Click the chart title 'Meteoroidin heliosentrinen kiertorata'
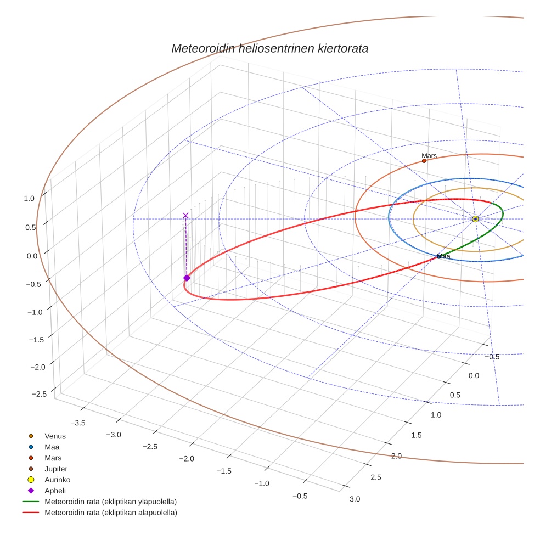269,48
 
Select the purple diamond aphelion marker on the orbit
187,278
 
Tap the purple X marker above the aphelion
185,215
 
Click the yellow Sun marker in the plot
475,219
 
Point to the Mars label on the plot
429,156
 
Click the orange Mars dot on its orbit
424,161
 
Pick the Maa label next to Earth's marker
445,256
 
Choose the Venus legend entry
55,436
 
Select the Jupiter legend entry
55,469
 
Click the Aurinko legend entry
57,480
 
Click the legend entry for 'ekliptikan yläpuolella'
110,502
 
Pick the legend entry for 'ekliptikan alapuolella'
110,513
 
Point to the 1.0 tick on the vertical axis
30,199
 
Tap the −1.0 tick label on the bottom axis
261,483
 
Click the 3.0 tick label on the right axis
355,499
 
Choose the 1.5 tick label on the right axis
417,435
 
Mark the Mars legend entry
53,458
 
